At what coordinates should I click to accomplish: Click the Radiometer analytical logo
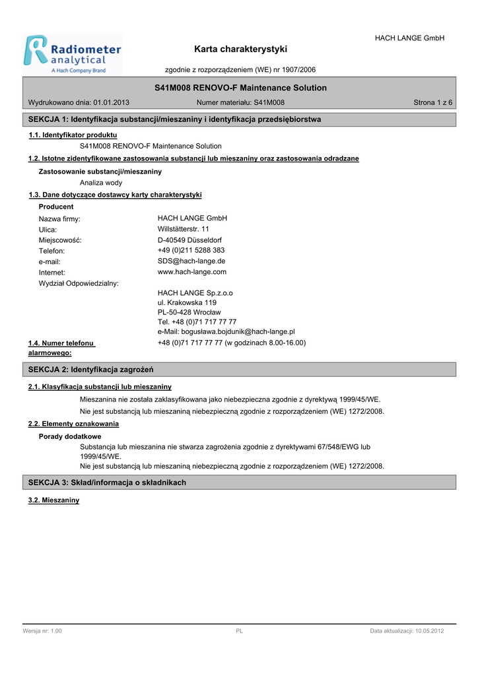coord(73,54)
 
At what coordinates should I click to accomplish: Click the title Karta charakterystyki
coord(240,49)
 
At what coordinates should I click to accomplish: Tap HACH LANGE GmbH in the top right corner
coord(409,38)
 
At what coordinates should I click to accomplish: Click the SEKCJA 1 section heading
coord(175,119)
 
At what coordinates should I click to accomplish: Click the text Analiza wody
coord(101,183)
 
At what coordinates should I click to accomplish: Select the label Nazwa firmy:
coord(59,219)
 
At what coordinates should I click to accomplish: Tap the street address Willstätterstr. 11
coord(184,229)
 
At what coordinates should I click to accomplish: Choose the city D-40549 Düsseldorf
coord(189,240)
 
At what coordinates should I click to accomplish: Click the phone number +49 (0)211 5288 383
coord(191,250)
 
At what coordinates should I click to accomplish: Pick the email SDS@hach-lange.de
coord(191,261)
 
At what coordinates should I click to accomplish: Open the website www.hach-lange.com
coord(192,271)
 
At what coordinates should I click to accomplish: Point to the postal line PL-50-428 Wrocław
coord(189,312)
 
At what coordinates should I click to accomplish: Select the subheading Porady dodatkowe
coord(70,436)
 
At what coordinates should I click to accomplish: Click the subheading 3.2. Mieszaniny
coord(53,500)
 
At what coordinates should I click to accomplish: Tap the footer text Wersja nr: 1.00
coord(42,632)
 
